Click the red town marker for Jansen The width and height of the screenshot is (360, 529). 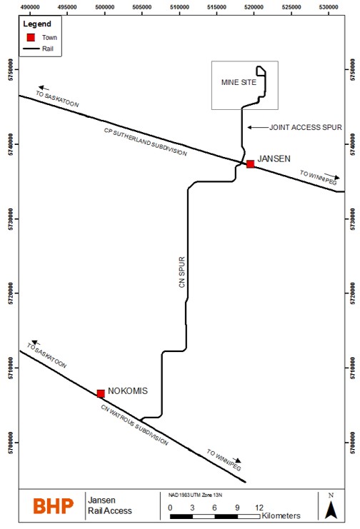coord(250,164)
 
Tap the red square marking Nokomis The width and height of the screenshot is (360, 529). coord(101,393)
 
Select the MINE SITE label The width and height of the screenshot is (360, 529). coord(239,82)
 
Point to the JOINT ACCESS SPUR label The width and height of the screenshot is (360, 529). coord(305,127)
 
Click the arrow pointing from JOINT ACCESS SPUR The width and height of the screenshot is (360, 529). coord(258,127)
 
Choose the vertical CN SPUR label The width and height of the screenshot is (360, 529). coord(182,272)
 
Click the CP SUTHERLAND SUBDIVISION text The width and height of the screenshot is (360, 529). coord(145,142)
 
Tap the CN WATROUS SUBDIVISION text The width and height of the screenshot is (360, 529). coord(134,425)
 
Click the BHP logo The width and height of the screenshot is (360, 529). coord(54,506)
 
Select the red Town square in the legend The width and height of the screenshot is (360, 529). coord(31,37)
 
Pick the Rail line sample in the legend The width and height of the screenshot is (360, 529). coord(31,49)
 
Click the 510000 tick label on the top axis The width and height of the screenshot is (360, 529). coord(179,7)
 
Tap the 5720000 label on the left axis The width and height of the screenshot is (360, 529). coord(11,293)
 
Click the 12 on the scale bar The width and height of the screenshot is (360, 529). coord(259,508)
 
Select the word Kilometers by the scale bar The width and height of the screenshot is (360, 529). coord(281,516)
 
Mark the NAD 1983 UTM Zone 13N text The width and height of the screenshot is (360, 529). coord(195,495)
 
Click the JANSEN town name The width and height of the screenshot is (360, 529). coord(274,158)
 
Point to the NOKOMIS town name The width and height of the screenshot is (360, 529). coord(128,391)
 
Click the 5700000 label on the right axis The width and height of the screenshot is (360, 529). coord(353,443)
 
